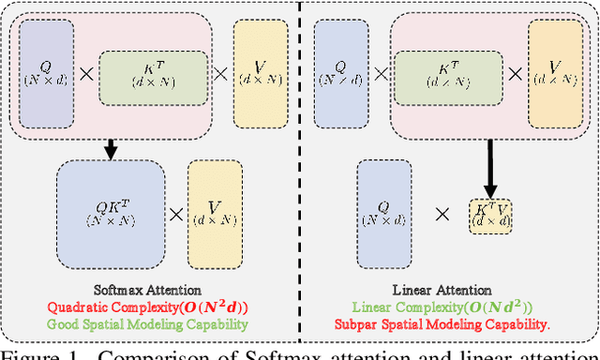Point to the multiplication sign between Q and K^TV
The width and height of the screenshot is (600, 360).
tap(442, 214)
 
